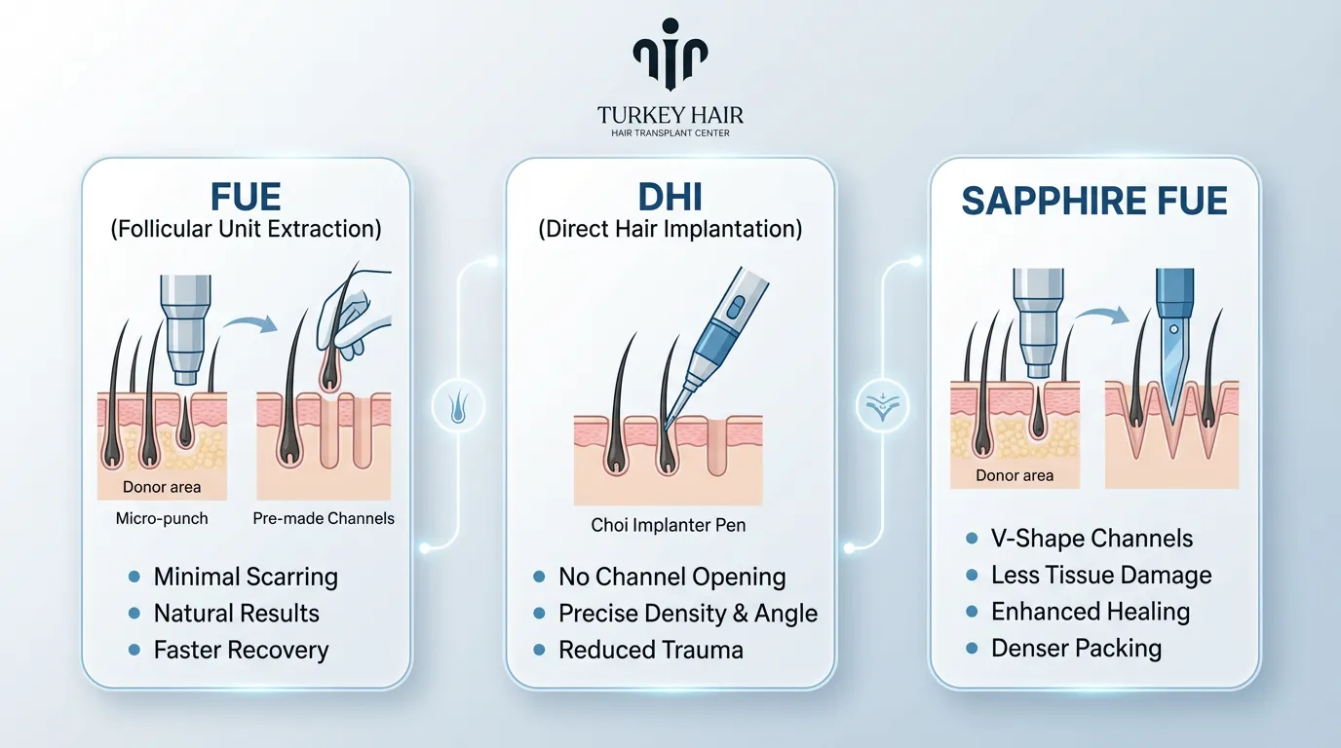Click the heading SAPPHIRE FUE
tap(1094, 201)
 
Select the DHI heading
tap(670, 197)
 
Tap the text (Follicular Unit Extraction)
tap(246, 230)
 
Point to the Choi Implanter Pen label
tap(669, 525)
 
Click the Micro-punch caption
tap(162, 518)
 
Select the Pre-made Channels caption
tap(324, 518)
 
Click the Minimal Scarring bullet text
tap(246, 577)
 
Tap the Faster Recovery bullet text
tap(241, 650)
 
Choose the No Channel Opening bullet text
tap(671, 577)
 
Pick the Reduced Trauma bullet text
tap(650, 650)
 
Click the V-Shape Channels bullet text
tap(1092, 539)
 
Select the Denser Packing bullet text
tap(1076, 648)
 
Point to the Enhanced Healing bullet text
tap(1091, 612)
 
